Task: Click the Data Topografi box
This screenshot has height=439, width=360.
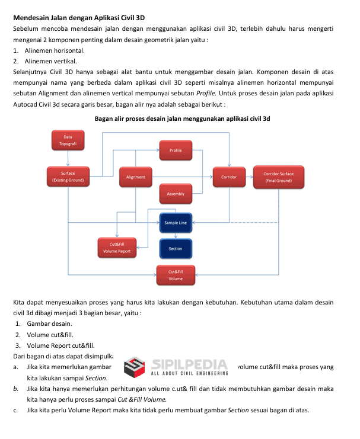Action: [68, 140]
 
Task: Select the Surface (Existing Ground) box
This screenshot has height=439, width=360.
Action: [68, 176]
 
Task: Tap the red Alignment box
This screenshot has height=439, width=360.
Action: [135, 177]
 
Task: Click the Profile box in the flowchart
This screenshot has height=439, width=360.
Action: [176, 150]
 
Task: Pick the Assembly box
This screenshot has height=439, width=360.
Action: [176, 194]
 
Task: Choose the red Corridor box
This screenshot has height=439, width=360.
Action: [229, 177]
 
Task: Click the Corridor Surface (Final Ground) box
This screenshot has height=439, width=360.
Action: [278, 177]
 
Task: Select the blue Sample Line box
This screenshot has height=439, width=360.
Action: [176, 223]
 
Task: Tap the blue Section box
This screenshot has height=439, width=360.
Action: [176, 248]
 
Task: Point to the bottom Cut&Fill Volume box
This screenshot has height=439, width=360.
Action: [176, 275]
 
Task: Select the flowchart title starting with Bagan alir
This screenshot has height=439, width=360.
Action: [182, 118]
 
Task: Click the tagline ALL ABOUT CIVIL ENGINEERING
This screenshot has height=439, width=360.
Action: [190, 373]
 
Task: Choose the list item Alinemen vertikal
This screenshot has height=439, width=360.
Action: [51, 61]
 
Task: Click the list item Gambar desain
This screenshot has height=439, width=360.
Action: [49, 323]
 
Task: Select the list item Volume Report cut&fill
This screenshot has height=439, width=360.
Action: [60, 345]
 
